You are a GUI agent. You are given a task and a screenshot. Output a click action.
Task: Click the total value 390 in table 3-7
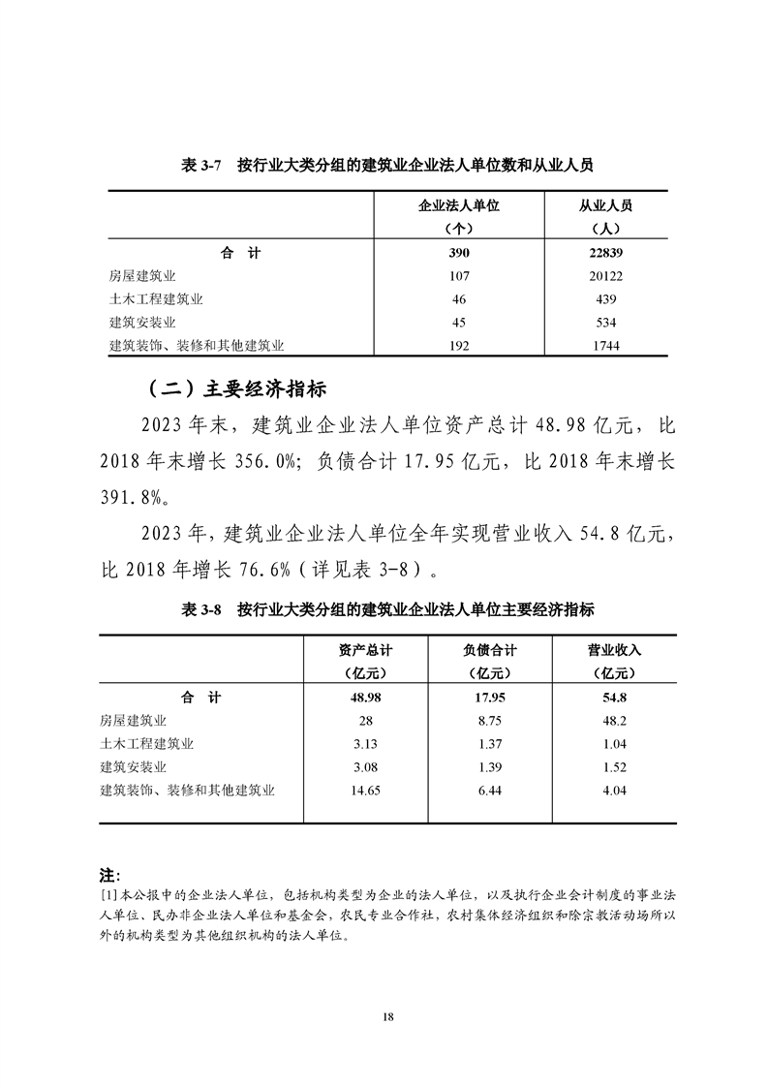(458, 253)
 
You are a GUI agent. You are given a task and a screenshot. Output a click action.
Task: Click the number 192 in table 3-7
(458, 345)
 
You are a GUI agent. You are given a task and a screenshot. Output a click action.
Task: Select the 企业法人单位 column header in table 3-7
(458, 205)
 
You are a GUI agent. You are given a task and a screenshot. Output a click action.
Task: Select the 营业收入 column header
(614, 650)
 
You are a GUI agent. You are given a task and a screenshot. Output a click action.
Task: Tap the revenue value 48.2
(614, 721)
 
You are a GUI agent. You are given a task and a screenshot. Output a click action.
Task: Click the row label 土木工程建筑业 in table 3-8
(146, 744)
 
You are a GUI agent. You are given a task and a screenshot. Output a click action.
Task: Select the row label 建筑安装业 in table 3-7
(142, 322)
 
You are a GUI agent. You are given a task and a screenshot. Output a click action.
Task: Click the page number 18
(387, 1016)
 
